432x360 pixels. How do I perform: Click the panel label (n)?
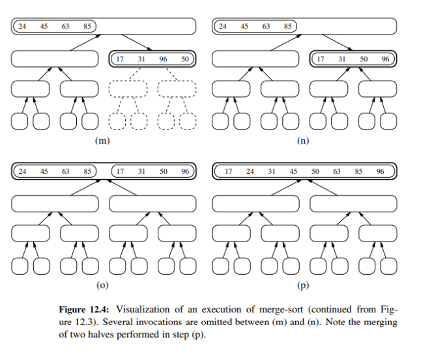tap(303, 140)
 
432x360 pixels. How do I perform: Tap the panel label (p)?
tap(303, 284)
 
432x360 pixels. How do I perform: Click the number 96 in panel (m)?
tap(163, 59)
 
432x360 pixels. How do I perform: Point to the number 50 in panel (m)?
tap(184, 59)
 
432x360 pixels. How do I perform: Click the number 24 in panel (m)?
tap(22, 27)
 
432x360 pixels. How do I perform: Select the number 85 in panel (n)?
tap(287, 27)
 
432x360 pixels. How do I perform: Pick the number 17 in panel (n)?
tap(321, 59)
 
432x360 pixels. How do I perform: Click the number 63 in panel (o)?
tap(66, 171)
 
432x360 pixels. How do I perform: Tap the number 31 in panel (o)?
tap(141, 171)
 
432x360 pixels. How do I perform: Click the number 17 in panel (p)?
tap(228, 171)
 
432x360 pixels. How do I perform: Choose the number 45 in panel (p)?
tap(293, 171)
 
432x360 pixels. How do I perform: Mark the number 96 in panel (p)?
tap(380, 171)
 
